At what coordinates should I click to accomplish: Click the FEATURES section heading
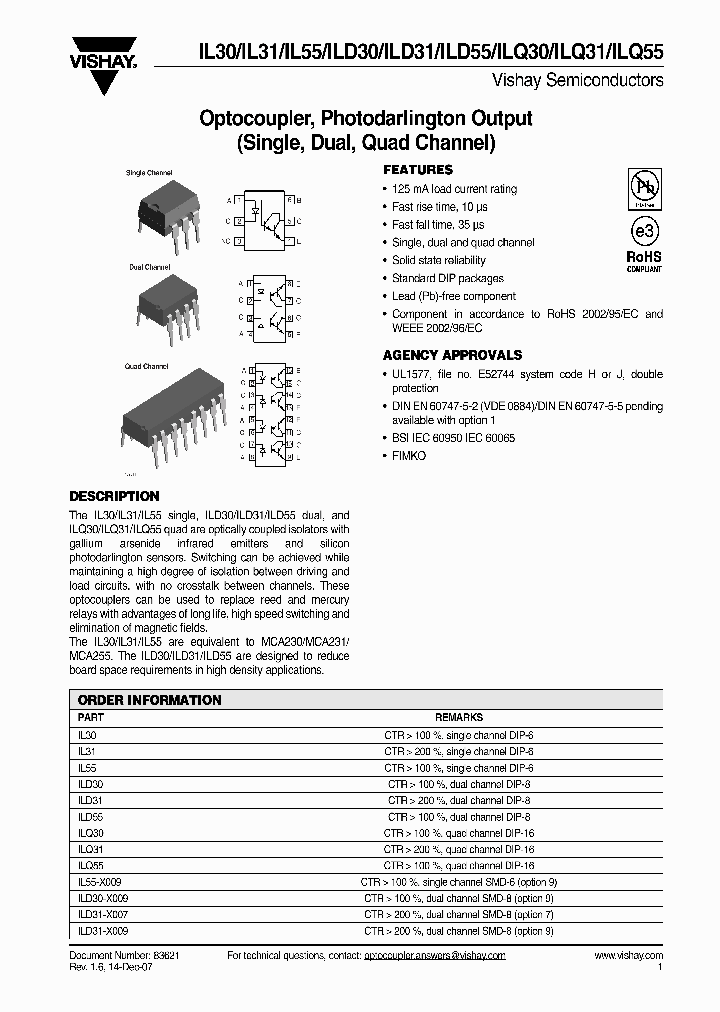(418, 170)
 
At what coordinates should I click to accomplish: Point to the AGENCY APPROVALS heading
(452, 355)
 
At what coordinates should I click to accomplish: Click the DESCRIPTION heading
(114, 496)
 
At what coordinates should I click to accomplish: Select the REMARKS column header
(459, 717)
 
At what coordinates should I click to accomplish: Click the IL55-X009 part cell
(100, 882)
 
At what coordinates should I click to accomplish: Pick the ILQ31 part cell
(90, 849)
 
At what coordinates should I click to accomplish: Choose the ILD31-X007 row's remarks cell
(459, 914)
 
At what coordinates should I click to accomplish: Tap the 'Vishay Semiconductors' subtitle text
(577, 78)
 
